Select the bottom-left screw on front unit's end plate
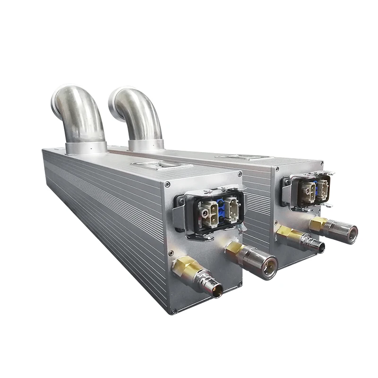[173, 310]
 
